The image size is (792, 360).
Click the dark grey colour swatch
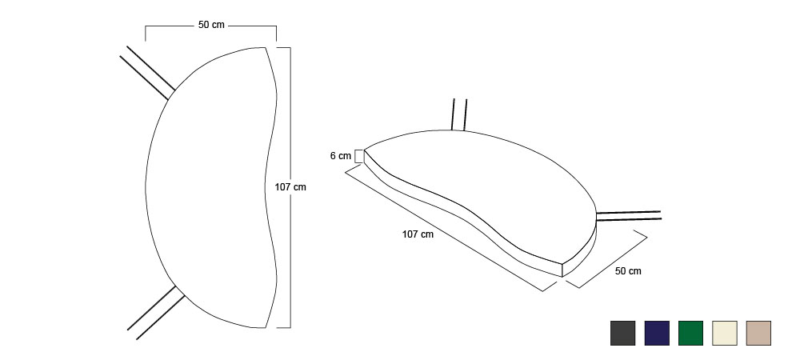tap(622, 334)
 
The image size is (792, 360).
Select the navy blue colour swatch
tap(657, 334)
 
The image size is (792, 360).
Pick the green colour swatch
tap(690, 334)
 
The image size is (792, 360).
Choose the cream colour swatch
tap(724, 334)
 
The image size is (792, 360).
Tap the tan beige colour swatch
tap(758, 334)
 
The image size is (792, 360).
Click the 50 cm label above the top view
tap(211, 25)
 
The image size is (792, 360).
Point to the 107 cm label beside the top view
tap(290, 187)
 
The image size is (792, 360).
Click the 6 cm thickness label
tap(341, 156)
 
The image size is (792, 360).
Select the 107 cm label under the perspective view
tap(418, 234)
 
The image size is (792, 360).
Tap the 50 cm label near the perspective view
tap(628, 271)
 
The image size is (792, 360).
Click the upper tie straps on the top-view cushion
tap(147, 72)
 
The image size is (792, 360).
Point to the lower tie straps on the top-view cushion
tap(155, 313)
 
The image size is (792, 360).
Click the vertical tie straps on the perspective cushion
tap(459, 114)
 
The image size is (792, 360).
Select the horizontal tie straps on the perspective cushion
tap(628, 216)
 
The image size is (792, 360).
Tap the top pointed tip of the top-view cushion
tap(265, 47)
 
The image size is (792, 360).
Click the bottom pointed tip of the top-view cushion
tap(265, 328)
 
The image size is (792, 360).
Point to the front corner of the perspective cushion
tap(562, 264)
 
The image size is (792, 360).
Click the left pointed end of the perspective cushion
tap(365, 150)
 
